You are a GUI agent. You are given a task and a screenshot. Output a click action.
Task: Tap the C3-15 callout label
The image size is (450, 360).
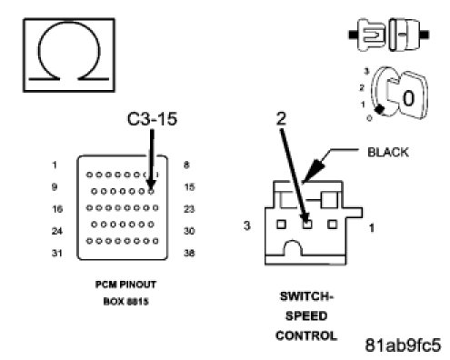point(152,119)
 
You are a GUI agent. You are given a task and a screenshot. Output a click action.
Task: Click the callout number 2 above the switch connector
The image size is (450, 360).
point(281,118)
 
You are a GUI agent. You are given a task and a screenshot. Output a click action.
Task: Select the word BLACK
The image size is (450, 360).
point(387,152)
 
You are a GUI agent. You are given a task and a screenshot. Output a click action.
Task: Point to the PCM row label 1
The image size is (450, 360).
point(55,165)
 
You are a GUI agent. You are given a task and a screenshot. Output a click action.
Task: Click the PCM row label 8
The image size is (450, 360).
point(186,165)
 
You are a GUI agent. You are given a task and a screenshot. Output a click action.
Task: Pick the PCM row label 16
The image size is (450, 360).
point(57,209)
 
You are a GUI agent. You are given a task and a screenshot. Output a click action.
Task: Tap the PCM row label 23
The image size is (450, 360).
point(189,209)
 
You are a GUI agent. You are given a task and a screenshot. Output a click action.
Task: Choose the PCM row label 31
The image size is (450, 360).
point(57,253)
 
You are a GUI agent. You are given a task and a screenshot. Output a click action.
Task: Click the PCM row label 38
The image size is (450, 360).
point(189,253)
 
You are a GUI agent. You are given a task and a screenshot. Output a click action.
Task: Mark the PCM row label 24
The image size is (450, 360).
point(57,231)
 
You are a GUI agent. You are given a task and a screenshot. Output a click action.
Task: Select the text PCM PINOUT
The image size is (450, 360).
point(125,285)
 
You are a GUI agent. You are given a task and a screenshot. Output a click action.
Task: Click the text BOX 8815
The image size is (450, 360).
point(125,302)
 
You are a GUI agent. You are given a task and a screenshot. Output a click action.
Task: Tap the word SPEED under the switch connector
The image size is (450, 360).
point(306,316)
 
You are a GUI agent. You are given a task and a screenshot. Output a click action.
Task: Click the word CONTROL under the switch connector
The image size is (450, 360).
point(306,335)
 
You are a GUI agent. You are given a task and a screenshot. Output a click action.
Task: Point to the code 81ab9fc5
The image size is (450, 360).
point(403,345)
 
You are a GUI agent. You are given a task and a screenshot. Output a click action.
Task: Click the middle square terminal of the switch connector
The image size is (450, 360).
point(307,225)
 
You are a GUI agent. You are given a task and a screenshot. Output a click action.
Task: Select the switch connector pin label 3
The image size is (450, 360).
point(247,225)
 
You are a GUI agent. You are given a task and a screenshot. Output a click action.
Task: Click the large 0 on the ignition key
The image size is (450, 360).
point(408,98)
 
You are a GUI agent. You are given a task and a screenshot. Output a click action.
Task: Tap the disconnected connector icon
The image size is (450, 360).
point(389,35)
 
